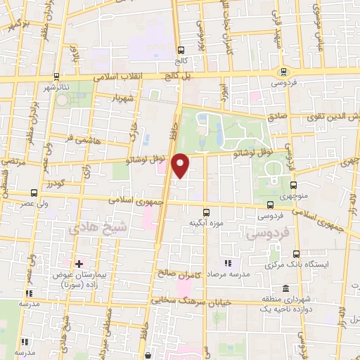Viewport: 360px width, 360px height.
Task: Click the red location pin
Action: tap(181, 165)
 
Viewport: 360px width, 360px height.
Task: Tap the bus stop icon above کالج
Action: tap(181, 50)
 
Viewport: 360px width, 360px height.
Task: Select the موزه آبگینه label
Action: tap(206, 224)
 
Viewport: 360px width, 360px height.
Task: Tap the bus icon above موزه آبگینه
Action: tap(206, 212)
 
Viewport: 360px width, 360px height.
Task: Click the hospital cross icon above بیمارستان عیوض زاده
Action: tap(79, 262)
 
